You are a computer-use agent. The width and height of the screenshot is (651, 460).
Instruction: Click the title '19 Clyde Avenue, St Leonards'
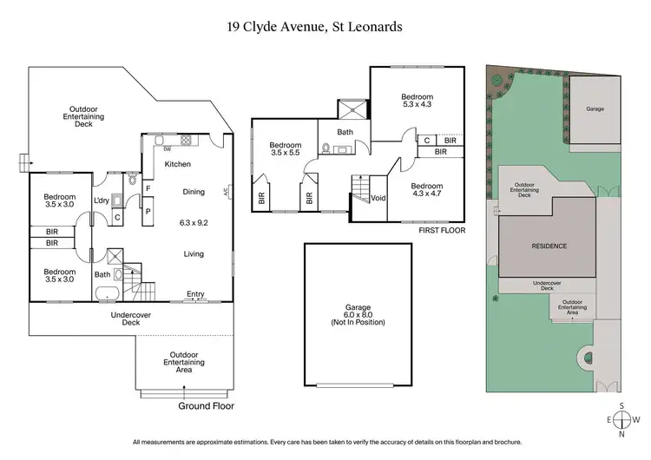tap(325, 27)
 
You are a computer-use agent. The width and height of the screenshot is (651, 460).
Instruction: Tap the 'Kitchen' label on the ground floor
tap(178, 164)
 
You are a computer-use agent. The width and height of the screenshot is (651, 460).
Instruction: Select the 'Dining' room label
tap(194, 192)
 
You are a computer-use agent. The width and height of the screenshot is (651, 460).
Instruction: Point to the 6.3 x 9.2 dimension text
tap(194, 222)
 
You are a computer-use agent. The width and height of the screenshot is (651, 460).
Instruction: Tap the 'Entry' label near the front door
tap(196, 294)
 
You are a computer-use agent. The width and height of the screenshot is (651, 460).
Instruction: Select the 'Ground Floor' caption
tap(207, 405)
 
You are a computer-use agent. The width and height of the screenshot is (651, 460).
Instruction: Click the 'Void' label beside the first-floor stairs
tap(378, 198)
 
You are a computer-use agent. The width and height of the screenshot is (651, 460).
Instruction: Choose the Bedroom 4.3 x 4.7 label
tap(427, 191)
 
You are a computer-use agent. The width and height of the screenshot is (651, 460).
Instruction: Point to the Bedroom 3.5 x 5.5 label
tap(285, 149)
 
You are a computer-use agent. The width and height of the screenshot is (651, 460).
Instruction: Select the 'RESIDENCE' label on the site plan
tap(549, 246)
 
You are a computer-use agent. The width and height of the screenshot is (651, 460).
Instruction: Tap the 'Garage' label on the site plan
tap(595, 110)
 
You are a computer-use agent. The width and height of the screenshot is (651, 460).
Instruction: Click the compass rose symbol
tap(622, 420)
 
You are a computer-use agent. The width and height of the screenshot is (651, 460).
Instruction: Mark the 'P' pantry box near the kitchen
tap(148, 209)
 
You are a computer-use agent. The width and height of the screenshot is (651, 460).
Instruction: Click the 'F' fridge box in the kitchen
tap(148, 187)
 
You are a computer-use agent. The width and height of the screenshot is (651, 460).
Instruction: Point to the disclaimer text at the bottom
tap(325, 443)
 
